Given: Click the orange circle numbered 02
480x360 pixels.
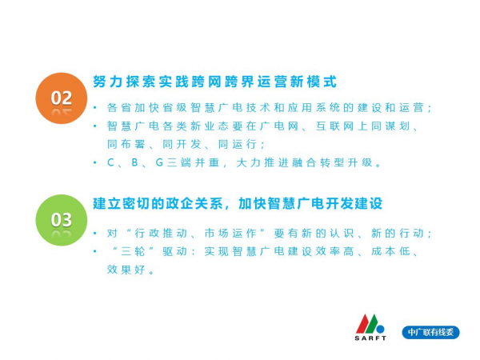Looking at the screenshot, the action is coord(62,98).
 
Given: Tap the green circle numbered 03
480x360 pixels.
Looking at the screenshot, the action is coord(62,220).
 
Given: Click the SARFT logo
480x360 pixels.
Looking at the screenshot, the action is coord(370,327).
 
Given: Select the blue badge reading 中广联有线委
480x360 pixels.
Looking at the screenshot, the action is coord(430,332).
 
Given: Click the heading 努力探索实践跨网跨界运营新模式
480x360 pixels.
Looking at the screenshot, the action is coord(214,82).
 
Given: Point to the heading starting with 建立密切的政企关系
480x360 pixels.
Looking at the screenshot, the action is coord(238,203).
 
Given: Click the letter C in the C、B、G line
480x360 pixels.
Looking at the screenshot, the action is coord(110,162).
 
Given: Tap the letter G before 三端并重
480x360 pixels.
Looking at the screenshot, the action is coord(159,162).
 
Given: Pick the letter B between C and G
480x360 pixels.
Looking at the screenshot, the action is coord(134,162).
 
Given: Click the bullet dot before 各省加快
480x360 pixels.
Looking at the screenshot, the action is coord(95,108).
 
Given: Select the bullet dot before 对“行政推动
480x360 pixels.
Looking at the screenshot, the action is coord(95,234).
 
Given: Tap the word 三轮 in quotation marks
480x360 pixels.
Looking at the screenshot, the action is coord(133,252).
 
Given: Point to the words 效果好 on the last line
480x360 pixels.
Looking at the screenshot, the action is coord(126,270).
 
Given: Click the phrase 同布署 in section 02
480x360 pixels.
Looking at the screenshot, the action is coord(126,144).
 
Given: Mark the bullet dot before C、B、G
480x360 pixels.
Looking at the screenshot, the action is coord(95,163).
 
